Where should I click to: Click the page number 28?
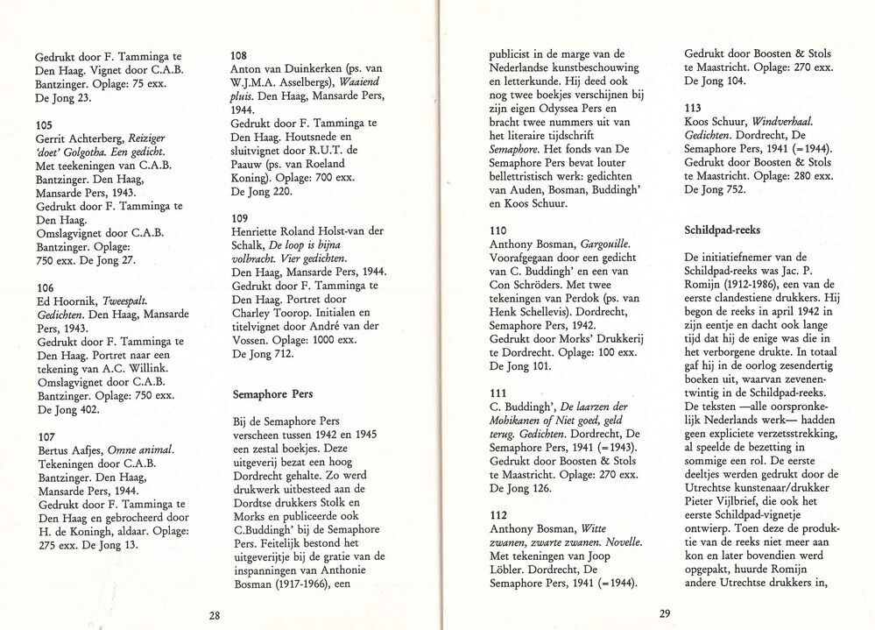215,615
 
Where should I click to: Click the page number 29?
664,613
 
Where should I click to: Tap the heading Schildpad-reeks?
724,230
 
